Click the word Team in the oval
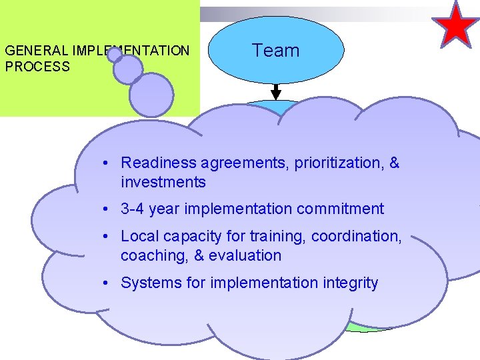[275, 51]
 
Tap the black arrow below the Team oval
[276, 92]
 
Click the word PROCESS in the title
[37, 67]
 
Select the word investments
[163, 182]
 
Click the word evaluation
[247, 255]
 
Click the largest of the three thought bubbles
[151, 95]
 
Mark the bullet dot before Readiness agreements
[107, 163]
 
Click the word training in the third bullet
[277, 236]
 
